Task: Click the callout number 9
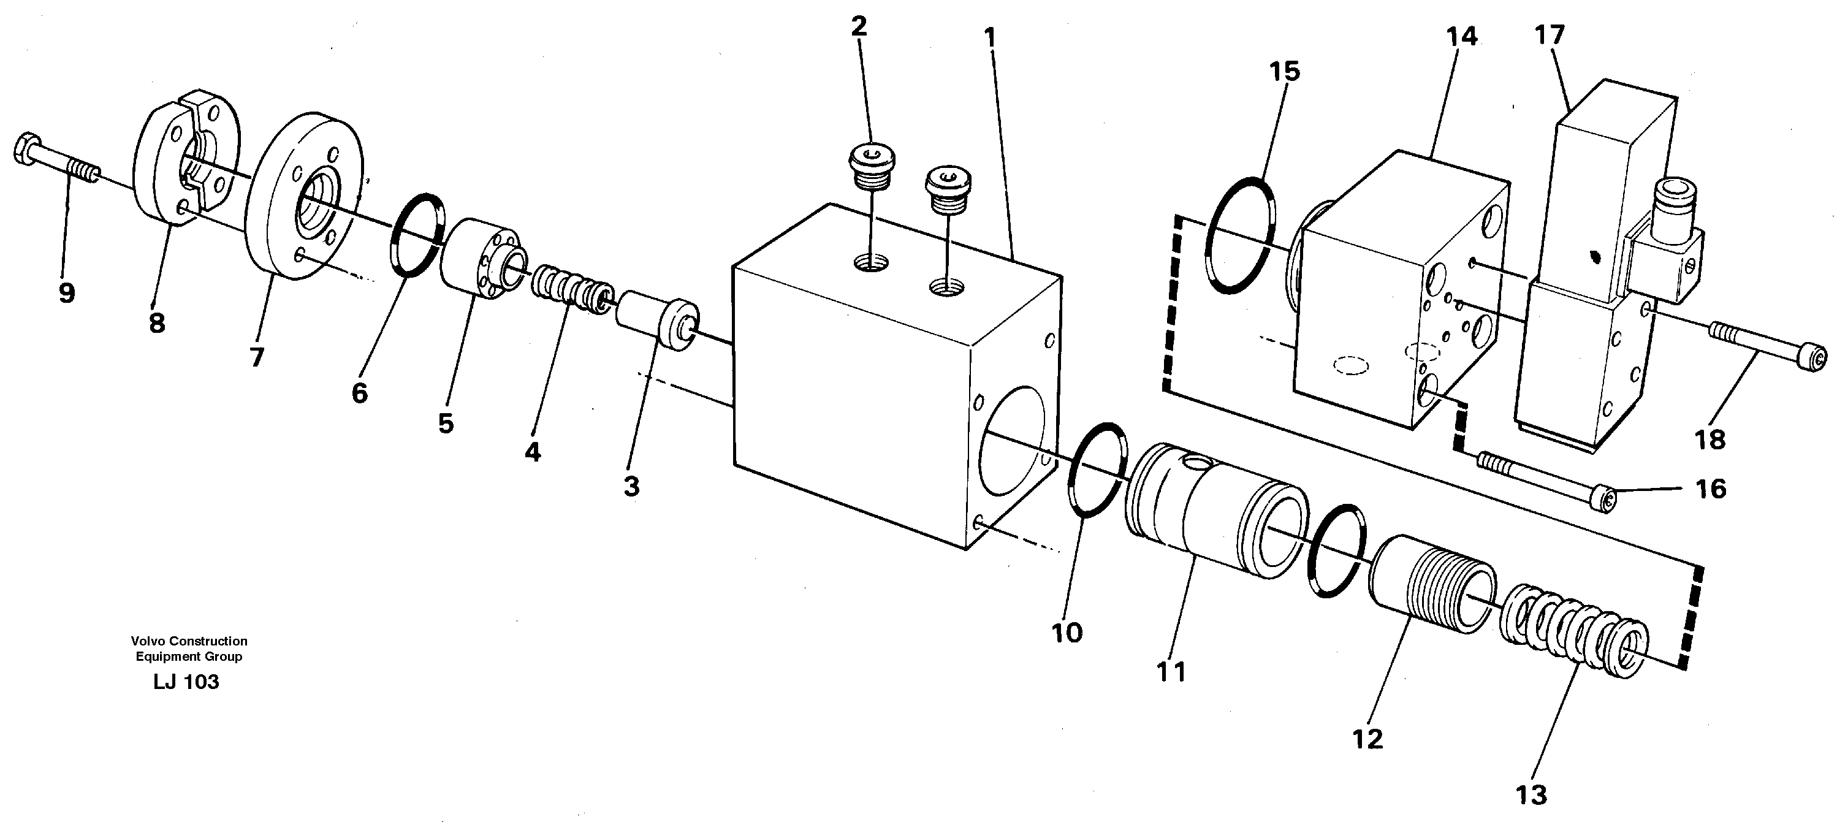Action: (x=66, y=292)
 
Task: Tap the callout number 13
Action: (x=1531, y=794)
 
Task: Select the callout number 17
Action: (x=1549, y=35)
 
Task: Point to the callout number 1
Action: (x=989, y=37)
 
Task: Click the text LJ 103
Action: (x=186, y=682)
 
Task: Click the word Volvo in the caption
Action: (x=148, y=641)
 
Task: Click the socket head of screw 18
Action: (x=1816, y=354)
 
